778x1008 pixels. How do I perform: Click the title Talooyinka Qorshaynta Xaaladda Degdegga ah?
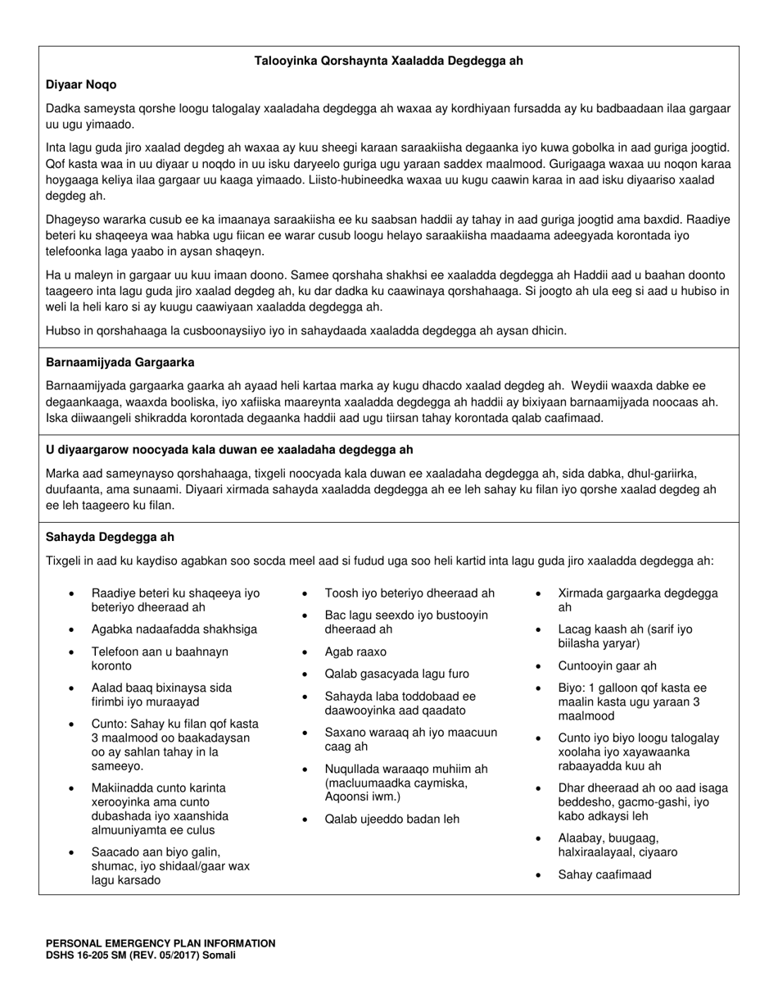(388, 61)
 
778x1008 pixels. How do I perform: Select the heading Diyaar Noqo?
(81, 84)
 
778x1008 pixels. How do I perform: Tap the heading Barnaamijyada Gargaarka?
(120, 362)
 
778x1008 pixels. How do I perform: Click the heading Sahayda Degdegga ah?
(111, 538)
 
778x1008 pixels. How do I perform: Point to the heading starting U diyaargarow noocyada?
(229, 450)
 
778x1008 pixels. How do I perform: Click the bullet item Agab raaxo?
(355, 652)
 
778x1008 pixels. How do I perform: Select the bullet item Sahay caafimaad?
(604, 874)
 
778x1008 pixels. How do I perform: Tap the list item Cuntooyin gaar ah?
(607, 666)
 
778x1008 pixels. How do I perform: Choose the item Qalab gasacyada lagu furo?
(397, 674)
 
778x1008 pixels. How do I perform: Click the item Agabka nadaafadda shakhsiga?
(174, 629)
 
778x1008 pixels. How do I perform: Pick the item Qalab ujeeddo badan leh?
(392, 819)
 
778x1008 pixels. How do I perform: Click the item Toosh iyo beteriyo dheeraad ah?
(409, 593)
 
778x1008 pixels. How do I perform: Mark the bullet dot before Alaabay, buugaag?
(539, 838)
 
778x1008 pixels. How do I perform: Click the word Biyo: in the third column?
(573, 688)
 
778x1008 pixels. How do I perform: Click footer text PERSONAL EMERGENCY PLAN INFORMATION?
(161, 943)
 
